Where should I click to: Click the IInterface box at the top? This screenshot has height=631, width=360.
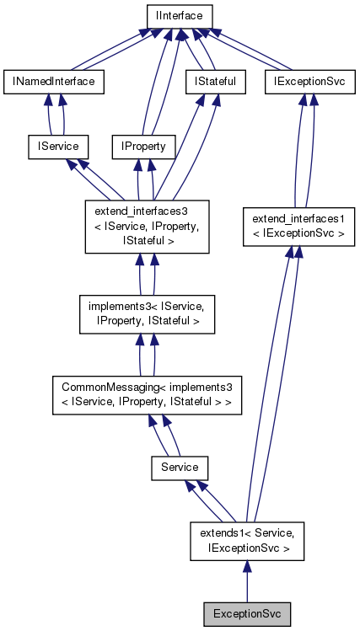[179, 16]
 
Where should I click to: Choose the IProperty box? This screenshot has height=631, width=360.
[144, 146]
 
